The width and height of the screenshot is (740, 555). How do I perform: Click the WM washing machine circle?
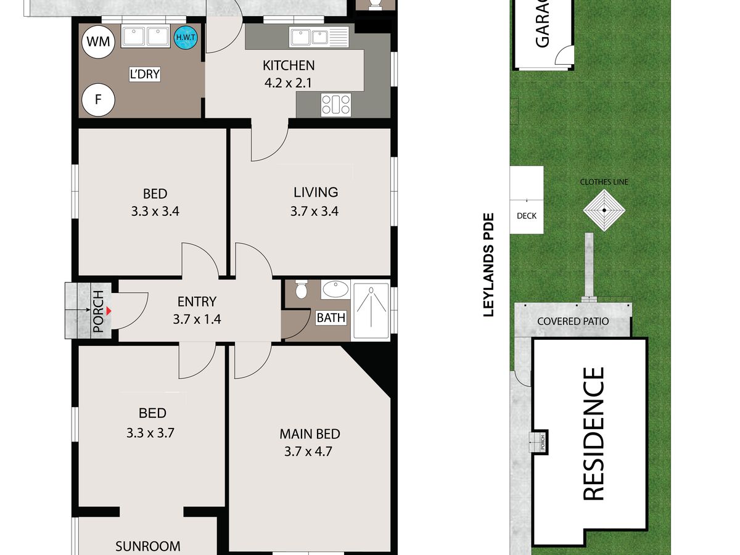[x=98, y=42]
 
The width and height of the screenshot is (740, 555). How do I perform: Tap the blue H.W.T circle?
[x=186, y=37]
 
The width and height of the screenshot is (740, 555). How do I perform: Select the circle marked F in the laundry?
[x=98, y=100]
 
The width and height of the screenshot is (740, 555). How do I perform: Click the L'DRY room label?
[x=145, y=74]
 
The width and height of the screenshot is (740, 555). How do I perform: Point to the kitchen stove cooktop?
[x=336, y=105]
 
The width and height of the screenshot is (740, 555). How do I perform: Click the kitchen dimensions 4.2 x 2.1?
[x=288, y=83]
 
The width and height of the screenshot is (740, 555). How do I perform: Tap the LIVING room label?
[x=316, y=192]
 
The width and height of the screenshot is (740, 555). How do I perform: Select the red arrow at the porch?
[x=109, y=311]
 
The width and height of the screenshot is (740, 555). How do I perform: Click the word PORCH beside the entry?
[x=98, y=311]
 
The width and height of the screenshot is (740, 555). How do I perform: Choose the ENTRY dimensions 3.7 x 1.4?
[x=197, y=319]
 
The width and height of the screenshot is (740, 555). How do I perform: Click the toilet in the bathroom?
[x=301, y=289]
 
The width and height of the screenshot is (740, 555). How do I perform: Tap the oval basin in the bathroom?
[x=335, y=289]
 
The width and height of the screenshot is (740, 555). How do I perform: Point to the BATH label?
[x=331, y=318]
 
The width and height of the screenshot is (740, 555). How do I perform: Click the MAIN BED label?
[x=310, y=434]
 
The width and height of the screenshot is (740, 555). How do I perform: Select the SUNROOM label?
[x=147, y=546]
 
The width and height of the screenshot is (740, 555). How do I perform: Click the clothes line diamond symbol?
[x=604, y=210]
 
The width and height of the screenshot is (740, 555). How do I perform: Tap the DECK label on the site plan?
[x=527, y=216]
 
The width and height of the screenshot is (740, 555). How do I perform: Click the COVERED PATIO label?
[x=573, y=321]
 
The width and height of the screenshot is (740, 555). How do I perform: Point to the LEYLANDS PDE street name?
[x=488, y=265]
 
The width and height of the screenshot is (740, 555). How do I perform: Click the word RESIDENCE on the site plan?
[x=593, y=434]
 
